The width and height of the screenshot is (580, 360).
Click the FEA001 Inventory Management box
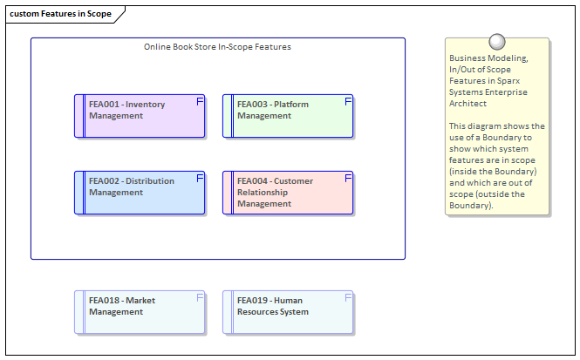coord(140,117)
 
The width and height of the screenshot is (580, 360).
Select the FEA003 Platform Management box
coord(288,117)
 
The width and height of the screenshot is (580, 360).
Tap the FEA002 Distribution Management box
coord(140,193)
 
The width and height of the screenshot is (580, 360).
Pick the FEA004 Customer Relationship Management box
coord(288,193)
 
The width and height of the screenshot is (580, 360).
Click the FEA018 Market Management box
coord(140,312)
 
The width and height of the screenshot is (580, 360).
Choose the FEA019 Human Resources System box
coord(288,312)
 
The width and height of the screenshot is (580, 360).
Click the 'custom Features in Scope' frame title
coord(60,15)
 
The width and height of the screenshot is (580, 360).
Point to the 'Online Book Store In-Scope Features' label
coord(217,46)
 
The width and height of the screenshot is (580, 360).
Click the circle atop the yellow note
coord(497,41)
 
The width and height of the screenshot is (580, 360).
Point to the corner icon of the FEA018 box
coord(200,297)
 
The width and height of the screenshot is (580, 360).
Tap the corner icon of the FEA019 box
coord(348,297)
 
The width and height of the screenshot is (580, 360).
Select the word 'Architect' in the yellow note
coord(469,104)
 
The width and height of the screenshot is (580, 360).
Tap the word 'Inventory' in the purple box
coord(145,105)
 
